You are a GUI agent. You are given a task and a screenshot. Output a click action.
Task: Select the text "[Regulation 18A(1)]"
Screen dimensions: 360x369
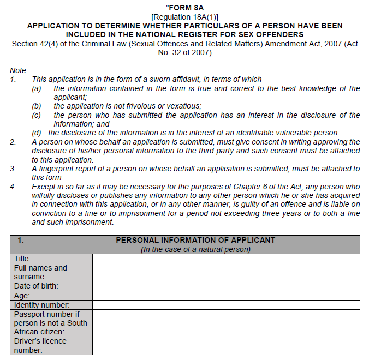pos(184,16)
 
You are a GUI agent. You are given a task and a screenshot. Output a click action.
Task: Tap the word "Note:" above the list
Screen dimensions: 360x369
pos(19,70)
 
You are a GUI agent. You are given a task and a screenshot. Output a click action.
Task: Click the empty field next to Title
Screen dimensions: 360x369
pos(226,259)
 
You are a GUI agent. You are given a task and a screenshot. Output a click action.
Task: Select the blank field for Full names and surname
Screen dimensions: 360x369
pos(226,272)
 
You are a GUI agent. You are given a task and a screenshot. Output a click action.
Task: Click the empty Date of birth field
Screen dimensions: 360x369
pos(226,286)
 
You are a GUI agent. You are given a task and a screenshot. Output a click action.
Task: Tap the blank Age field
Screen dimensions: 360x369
pos(226,296)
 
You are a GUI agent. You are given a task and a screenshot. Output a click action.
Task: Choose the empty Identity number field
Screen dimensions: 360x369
pos(226,305)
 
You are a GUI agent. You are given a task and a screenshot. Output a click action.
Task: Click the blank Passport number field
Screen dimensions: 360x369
pos(226,323)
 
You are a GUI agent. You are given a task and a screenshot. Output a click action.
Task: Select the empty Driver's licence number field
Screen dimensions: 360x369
pos(226,345)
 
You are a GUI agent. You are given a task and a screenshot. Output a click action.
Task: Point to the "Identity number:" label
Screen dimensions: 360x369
pos(41,305)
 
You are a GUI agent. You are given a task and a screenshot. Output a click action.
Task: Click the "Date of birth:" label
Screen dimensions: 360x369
pos(36,286)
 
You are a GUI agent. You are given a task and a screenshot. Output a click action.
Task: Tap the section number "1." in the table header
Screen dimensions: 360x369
pos(21,240)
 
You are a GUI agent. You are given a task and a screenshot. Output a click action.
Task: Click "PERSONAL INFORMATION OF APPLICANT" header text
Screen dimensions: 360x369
pos(195,240)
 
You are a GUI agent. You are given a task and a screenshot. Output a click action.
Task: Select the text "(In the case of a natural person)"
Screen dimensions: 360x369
pos(195,249)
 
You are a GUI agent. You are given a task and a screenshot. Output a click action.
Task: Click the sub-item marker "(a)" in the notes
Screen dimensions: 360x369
pos(37,88)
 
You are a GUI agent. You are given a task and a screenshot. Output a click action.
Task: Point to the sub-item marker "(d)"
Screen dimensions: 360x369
pos(37,133)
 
